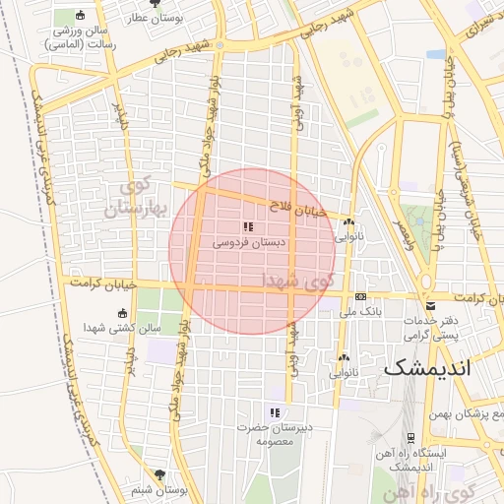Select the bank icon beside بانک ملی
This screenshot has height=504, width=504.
pyautogui.click(x=361, y=296)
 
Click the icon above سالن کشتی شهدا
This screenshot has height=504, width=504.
pyautogui.click(x=122, y=313)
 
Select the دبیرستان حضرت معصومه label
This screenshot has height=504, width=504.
pyautogui.click(x=266, y=434)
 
